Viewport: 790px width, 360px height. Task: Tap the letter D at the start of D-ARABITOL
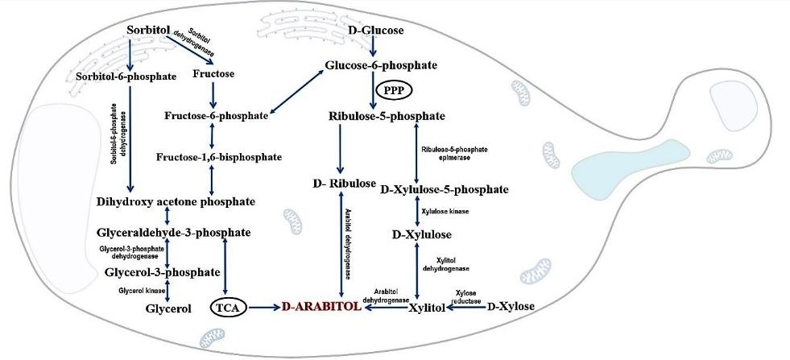(286, 307)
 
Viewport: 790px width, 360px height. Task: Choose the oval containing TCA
(228, 307)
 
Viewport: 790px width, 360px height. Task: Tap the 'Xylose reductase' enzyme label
(466, 297)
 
